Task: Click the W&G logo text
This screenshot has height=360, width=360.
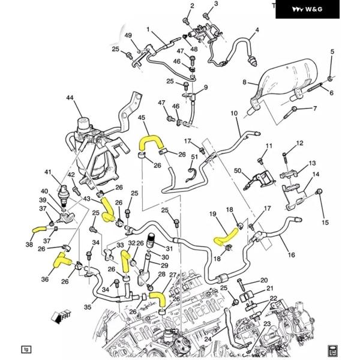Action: click(x=314, y=9)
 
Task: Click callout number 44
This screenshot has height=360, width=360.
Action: click(x=70, y=97)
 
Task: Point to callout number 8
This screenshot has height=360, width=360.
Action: click(x=245, y=82)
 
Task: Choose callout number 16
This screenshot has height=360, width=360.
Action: click(x=292, y=255)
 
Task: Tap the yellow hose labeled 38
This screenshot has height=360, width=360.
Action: click(x=39, y=229)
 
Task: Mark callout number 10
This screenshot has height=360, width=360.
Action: click(x=234, y=113)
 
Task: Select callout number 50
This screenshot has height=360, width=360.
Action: click(x=237, y=172)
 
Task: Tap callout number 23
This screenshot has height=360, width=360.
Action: click(x=267, y=323)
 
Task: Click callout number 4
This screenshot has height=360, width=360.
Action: click(x=257, y=30)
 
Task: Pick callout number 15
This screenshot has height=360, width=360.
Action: click(x=325, y=223)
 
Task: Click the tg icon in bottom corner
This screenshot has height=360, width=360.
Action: click(x=26, y=349)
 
